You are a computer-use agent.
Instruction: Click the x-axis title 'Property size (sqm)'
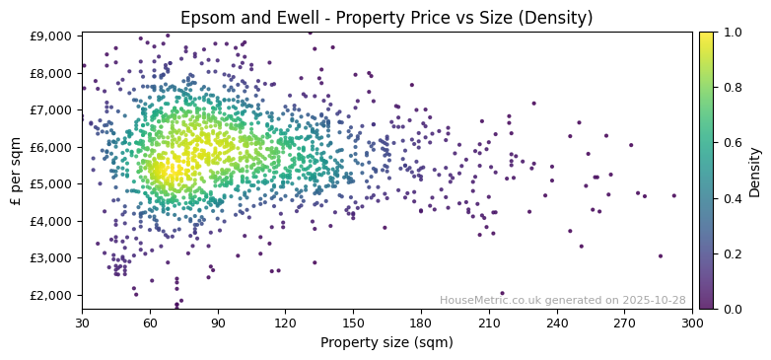(x=386, y=343)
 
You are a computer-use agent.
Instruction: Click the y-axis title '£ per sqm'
(x=16, y=171)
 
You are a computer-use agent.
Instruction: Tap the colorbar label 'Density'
(x=754, y=171)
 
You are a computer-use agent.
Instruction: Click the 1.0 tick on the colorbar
(x=731, y=33)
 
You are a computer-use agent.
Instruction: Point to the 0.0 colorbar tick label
(x=731, y=309)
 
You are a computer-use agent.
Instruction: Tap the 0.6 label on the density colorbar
(x=731, y=143)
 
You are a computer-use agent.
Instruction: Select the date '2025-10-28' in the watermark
(x=654, y=300)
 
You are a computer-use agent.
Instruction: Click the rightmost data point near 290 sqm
(x=674, y=195)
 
